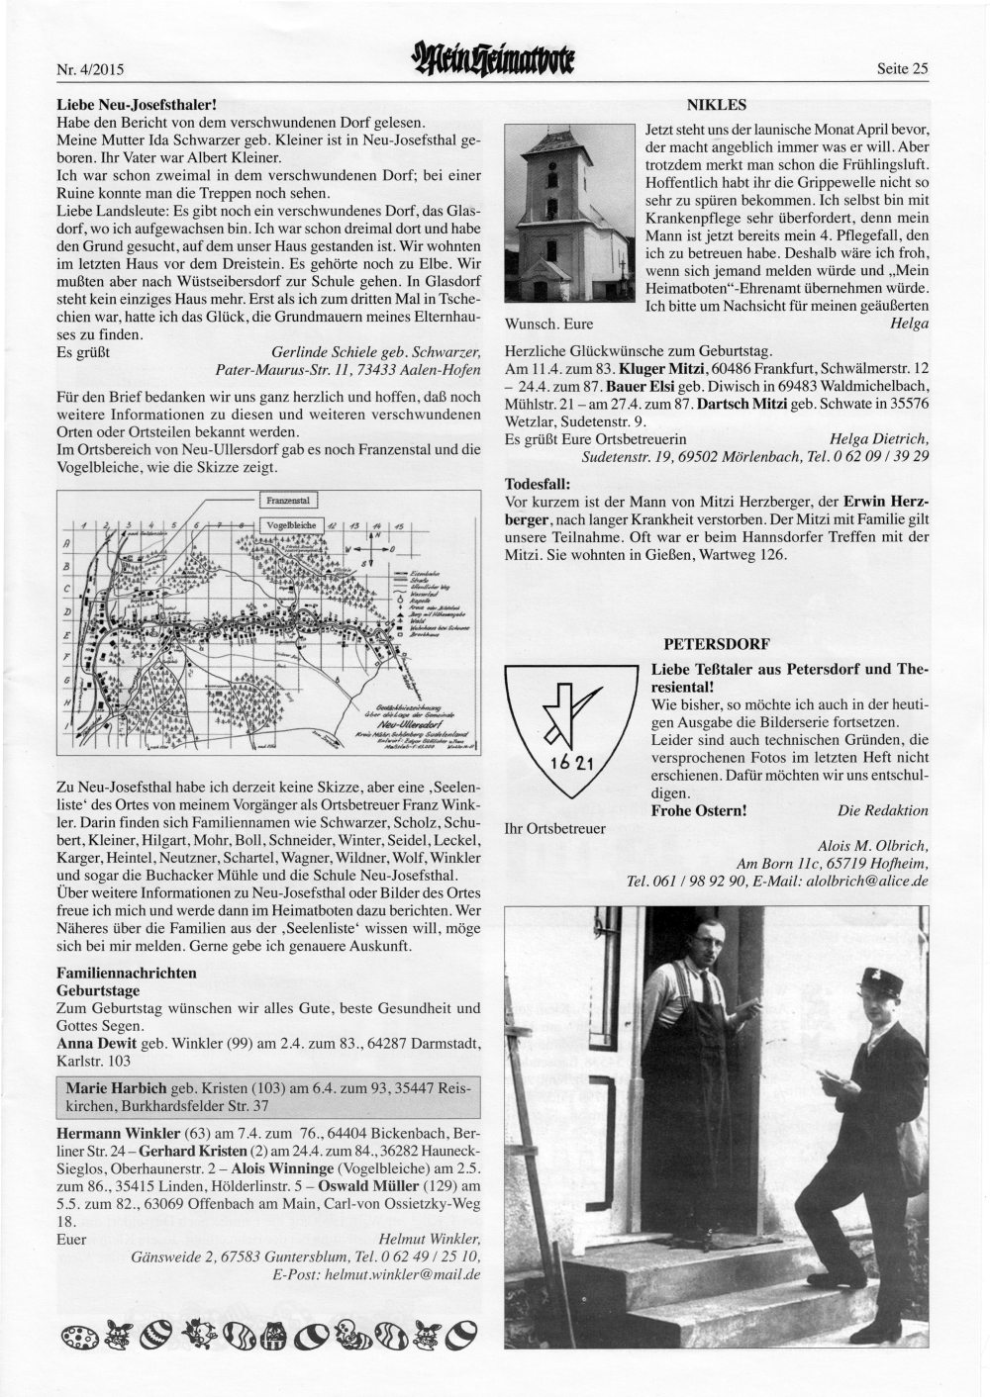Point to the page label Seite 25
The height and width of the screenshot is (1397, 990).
coord(902,69)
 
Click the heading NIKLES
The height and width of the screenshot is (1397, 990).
coord(716,104)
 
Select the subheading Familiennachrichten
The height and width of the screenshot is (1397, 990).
coord(127,973)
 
